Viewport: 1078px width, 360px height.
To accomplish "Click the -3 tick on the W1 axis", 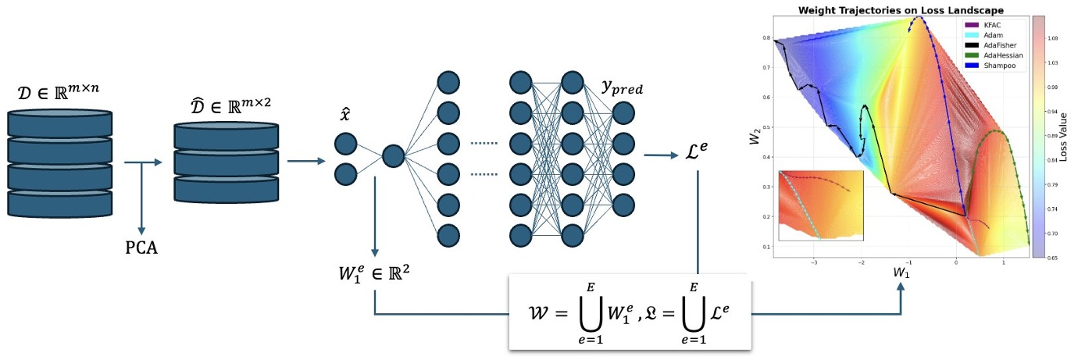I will coord(815,263).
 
